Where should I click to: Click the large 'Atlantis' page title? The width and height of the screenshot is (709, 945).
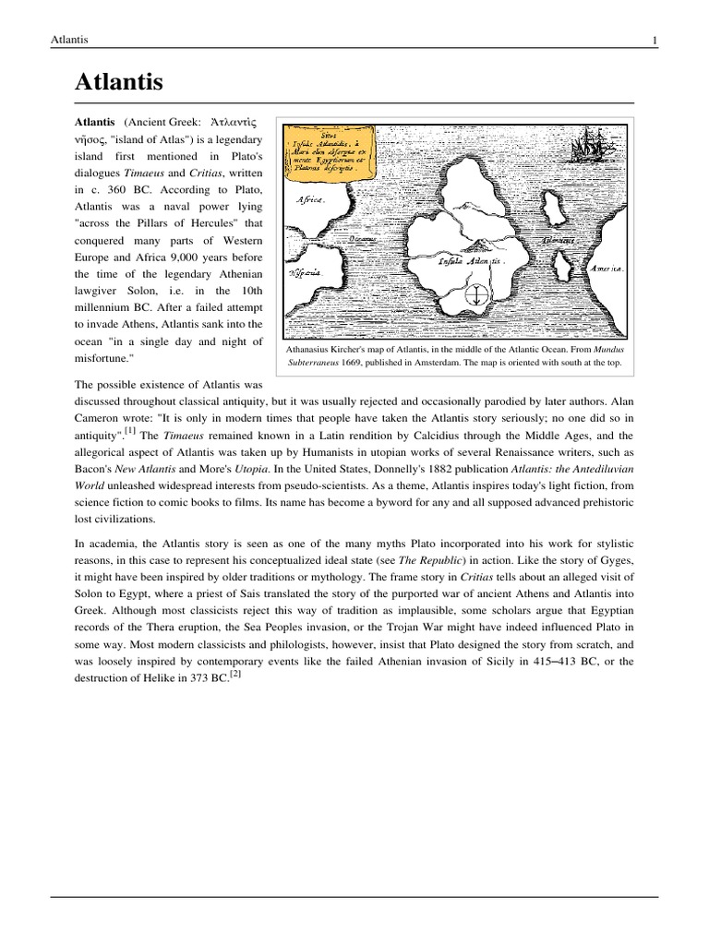(x=118, y=82)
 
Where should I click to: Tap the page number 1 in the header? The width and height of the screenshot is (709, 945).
(x=655, y=39)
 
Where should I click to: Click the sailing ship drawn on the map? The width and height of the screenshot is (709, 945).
(x=587, y=147)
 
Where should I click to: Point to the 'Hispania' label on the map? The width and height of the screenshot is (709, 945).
(x=305, y=273)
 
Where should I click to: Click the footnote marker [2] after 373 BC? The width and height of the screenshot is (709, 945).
(x=235, y=673)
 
